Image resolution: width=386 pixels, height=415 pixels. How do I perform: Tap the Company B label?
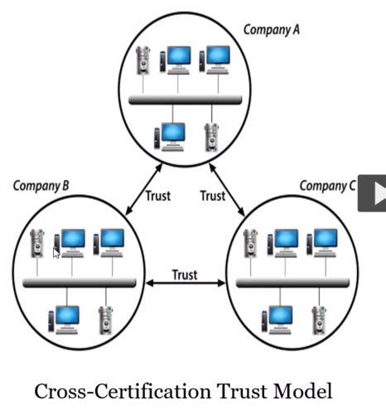click(x=41, y=185)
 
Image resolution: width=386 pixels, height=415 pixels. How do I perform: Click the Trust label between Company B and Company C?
click(x=184, y=275)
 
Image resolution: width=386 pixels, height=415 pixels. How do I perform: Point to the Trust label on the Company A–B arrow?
click(x=157, y=197)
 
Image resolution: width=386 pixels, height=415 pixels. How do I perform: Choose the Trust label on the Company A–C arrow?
click(x=212, y=197)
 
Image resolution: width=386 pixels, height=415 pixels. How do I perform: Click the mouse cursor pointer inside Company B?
click(x=56, y=252)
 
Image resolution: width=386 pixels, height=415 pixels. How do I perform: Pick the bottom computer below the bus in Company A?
click(x=172, y=135)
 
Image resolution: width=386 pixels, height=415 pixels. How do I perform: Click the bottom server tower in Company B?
click(x=105, y=319)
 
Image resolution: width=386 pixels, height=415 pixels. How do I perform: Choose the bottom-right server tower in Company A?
click(x=211, y=135)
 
